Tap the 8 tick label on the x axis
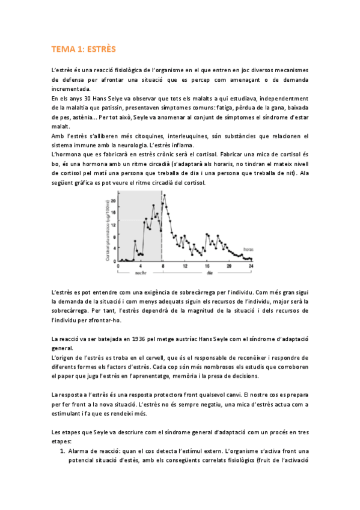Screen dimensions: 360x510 162,265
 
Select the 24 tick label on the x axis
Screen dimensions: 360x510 251,265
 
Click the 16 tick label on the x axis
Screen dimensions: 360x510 207,265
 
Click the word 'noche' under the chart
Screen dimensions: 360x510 141,272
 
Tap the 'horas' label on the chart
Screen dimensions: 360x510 247,248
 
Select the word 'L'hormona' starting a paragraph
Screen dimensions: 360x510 66,155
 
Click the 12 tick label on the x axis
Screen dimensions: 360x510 185,265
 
